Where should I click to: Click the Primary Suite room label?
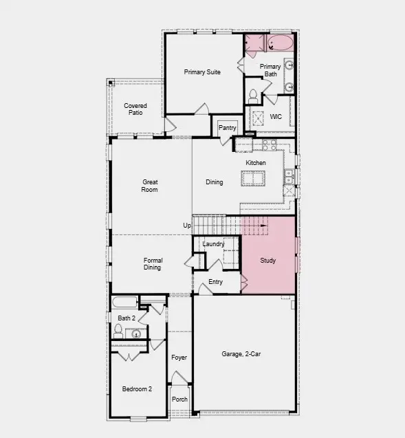202,72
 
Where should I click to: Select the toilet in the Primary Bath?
253,95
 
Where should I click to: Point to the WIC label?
276,117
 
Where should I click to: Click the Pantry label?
228,128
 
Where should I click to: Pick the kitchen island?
254,179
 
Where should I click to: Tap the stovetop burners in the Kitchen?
269,145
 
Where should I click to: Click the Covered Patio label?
135,109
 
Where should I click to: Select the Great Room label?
150,186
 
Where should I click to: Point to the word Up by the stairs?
186,226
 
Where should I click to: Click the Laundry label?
213,244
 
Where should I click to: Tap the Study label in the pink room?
267,261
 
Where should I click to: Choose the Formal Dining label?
153,263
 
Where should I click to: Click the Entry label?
215,282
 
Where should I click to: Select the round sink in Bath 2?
136,334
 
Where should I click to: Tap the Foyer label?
179,358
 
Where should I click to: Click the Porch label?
179,399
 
